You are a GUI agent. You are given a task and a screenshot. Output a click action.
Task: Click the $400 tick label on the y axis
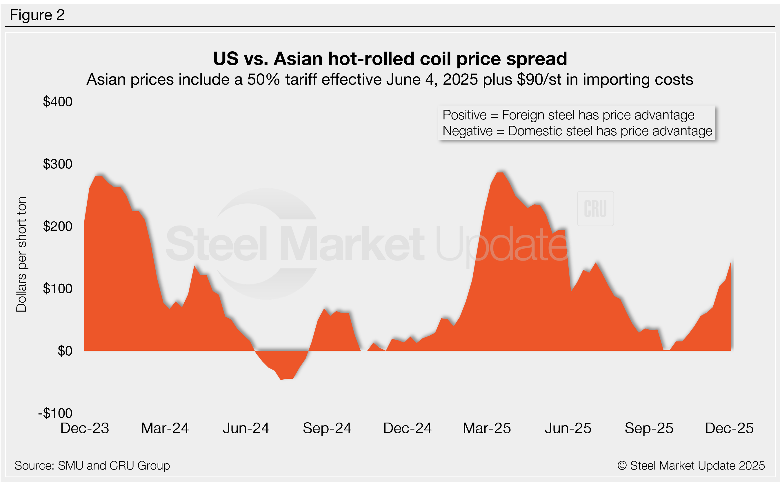[x=58, y=102]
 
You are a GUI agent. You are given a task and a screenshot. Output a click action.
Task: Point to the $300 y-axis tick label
[x=58, y=164]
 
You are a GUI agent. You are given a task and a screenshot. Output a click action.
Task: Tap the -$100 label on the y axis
[x=55, y=413]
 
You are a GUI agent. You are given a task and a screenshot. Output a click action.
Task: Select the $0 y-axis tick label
[x=65, y=351]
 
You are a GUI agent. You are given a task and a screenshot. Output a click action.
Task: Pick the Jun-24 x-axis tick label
[x=246, y=428]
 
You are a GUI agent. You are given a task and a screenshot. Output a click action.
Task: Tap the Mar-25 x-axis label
[x=487, y=428]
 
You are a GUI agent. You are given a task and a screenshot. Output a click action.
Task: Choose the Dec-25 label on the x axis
[x=729, y=428]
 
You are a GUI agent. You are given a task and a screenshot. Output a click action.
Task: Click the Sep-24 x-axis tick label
[x=327, y=428]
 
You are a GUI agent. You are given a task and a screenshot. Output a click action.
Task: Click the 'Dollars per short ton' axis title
[x=21, y=254]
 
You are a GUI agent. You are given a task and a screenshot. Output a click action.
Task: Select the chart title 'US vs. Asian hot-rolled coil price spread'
[x=390, y=59]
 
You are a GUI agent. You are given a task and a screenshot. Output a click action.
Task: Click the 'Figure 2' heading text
[x=37, y=15]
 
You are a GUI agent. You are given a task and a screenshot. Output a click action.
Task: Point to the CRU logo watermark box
[x=595, y=209]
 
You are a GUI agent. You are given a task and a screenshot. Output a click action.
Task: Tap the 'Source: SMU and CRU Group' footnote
[x=92, y=465]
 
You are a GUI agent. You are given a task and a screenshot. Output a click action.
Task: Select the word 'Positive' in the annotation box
[x=464, y=115]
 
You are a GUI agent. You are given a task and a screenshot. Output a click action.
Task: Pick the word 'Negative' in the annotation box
[x=468, y=131]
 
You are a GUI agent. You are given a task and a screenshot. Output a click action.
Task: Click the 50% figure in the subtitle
[x=263, y=79]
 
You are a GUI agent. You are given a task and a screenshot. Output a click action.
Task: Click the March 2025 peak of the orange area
[x=500, y=173]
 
